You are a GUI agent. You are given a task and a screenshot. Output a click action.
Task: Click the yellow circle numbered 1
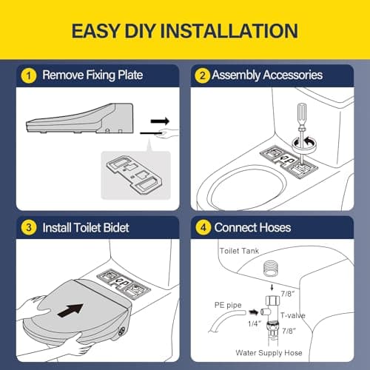(29, 75)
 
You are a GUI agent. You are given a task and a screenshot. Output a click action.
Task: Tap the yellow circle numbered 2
(202, 75)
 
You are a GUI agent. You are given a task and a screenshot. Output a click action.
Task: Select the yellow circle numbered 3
(29, 227)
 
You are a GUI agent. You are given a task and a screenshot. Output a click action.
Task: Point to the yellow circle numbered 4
(203, 227)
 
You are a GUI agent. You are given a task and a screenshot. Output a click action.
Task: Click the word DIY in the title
(140, 31)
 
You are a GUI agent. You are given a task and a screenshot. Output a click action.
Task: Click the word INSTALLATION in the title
(229, 31)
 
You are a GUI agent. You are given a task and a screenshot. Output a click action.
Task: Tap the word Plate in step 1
(130, 75)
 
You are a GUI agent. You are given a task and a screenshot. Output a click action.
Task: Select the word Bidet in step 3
(116, 227)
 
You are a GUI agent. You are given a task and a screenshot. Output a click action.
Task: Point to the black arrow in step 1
(160, 121)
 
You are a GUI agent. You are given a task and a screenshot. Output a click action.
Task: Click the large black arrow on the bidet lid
(70, 310)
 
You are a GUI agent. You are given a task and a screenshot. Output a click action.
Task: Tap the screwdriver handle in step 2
(303, 115)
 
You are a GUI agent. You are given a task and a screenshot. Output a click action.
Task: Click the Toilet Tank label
(239, 251)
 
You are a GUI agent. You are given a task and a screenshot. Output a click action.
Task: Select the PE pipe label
(228, 305)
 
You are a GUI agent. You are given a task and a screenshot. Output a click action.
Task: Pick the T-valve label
(293, 315)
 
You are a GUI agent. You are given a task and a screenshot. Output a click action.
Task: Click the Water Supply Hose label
(269, 353)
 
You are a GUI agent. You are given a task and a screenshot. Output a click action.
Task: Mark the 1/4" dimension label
(255, 323)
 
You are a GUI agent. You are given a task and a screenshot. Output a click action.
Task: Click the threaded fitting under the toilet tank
(272, 268)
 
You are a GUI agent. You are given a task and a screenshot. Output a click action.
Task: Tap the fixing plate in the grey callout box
(135, 174)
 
